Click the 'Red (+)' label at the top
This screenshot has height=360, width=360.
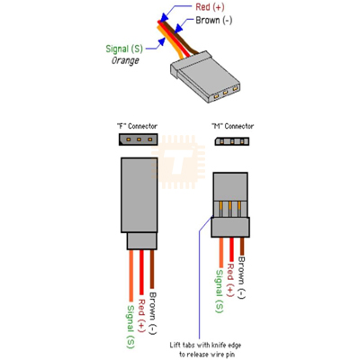tap(210, 7)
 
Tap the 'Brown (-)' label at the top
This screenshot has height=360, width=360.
tap(214, 21)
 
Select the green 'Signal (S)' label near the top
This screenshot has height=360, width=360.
tap(124, 49)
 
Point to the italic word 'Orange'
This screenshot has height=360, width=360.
tap(125, 60)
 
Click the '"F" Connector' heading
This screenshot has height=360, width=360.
tap(137, 126)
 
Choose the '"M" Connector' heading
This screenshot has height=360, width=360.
tap(232, 126)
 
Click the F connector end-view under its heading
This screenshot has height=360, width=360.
tap(139, 139)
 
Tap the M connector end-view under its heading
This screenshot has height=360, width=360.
tap(232, 141)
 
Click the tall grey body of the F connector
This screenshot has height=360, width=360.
tap(139, 195)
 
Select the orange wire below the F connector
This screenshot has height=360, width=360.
tap(131, 275)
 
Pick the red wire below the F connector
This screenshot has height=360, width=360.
tap(141, 273)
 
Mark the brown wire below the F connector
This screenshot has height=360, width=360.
tap(152, 269)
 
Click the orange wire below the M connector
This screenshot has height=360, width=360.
tap(221, 252)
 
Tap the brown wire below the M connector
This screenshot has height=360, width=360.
tap(242, 247)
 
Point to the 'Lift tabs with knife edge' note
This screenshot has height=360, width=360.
tap(205, 346)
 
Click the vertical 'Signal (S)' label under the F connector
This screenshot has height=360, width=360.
tap(131, 327)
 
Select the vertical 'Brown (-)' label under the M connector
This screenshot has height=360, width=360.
tap(241, 278)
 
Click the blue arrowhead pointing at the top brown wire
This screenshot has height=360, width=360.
tap(179, 28)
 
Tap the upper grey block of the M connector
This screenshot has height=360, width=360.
tap(230, 186)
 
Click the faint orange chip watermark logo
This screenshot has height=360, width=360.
tap(178, 162)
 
